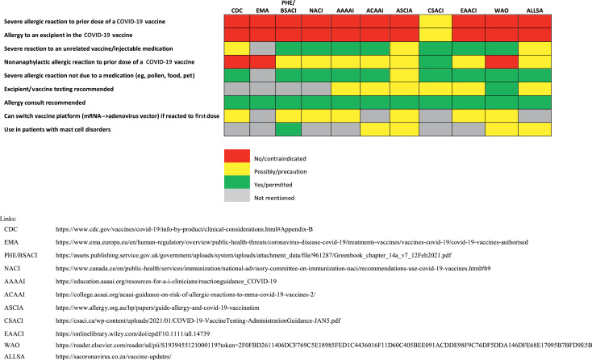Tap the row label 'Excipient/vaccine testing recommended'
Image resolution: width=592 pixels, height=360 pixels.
pyautogui.click(x=65, y=88)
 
